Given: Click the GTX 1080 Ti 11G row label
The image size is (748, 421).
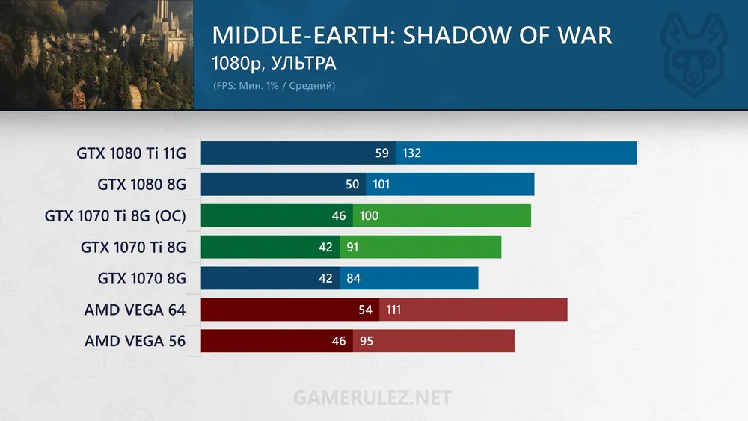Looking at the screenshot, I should (131, 153).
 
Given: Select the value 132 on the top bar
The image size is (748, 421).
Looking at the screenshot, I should (411, 153).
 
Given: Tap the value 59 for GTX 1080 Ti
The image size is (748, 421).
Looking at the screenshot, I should (382, 153).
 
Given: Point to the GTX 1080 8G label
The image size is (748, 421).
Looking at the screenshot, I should (141, 185).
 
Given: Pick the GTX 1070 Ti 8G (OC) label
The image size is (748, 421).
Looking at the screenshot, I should (115, 216).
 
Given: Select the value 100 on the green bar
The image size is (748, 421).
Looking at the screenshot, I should (369, 216).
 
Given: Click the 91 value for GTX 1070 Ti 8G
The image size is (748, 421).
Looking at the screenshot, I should (352, 248).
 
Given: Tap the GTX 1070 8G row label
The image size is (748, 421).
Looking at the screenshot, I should (141, 279).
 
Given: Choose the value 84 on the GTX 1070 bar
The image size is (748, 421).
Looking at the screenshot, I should (353, 279).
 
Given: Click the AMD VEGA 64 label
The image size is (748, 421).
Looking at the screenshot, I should (135, 310).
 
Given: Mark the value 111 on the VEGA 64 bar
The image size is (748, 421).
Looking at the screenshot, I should (393, 310).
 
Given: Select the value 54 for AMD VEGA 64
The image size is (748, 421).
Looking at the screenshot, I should (366, 310).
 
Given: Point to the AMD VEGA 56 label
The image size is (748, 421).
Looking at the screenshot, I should (135, 341).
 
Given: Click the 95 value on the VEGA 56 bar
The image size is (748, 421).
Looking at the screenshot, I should (366, 341).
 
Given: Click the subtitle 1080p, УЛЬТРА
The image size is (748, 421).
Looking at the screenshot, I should (274, 64).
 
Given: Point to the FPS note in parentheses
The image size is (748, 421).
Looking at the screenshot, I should (274, 86).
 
